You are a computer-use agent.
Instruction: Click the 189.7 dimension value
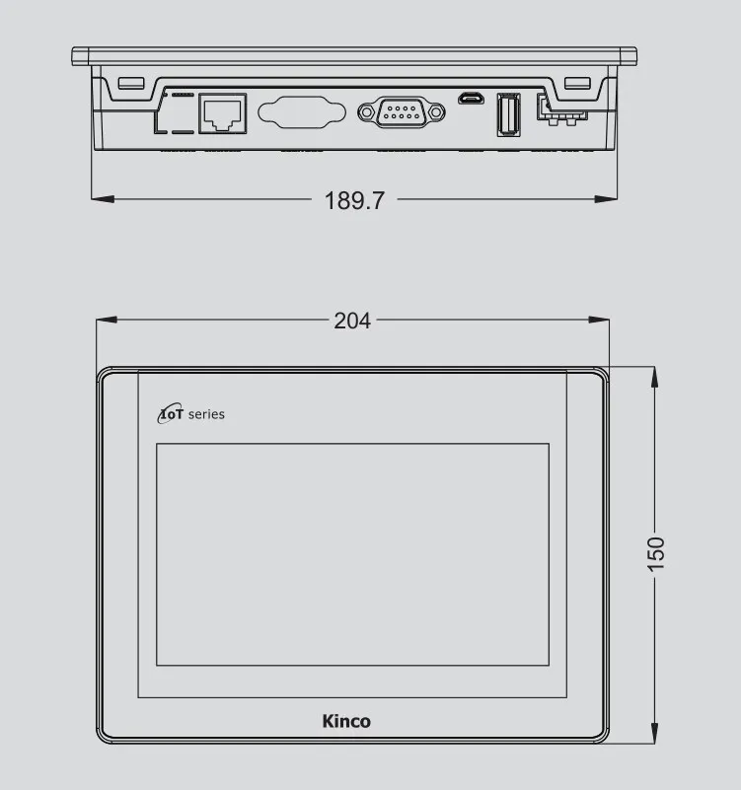(354, 200)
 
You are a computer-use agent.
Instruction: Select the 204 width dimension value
(352, 321)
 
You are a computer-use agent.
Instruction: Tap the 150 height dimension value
(656, 554)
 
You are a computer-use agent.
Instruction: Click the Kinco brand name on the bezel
(346, 721)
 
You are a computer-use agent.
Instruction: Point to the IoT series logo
(191, 413)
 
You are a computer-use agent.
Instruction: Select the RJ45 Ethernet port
(223, 113)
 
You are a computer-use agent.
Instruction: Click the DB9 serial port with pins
(402, 112)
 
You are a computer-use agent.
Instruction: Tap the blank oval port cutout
(302, 112)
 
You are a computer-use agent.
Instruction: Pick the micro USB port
(471, 98)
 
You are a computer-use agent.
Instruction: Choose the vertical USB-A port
(508, 114)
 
